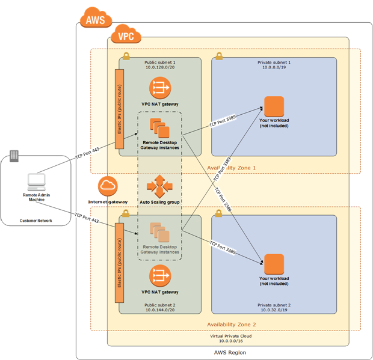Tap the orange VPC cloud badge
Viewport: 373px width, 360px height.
[x=126, y=35]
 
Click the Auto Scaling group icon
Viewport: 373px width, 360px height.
[x=160, y=186]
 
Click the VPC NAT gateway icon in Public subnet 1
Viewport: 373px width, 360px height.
[x=160, y=89]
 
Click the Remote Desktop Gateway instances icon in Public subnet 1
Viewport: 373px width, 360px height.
[x=159, y=128]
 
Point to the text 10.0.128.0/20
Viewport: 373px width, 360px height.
[x=160, y=67]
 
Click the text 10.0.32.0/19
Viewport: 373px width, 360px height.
[x=274, y=310]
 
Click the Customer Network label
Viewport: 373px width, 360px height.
[x=36, y=221]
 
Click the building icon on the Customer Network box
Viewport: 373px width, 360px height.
[x=14, y=156]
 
